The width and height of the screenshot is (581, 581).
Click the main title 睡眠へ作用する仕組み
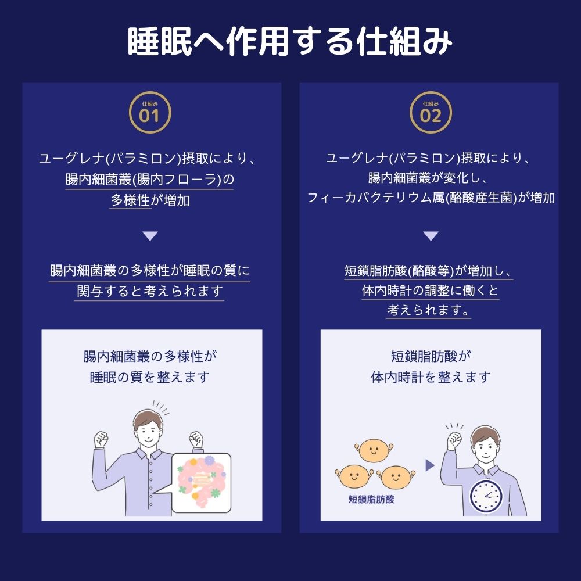(x=290, y=41)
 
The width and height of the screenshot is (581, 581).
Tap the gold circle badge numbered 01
(x=150, y=112)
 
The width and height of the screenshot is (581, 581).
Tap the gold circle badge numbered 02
(x=431, y=112)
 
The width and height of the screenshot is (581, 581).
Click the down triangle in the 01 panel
(x=150, y=236)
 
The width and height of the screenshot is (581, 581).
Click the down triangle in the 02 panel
(x=431, y=236)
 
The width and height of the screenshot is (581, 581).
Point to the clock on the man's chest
(x=486, y=496)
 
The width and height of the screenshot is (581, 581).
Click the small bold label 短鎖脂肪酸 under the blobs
(x=371, y=499)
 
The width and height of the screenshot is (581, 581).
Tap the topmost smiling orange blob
(x=374, y=451)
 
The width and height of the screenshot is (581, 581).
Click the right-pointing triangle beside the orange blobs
(x=430, y=465)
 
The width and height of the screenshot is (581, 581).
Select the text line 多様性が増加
(x=150, y=200)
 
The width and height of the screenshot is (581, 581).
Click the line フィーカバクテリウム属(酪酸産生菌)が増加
(x=431, y=198)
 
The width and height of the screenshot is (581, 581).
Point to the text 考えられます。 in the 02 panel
(x=428, y=310)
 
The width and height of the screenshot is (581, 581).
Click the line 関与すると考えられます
(x=150, y=291)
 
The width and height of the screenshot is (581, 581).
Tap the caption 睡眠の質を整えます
(x=150, y=377)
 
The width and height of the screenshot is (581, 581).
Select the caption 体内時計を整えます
(x=431, y=377)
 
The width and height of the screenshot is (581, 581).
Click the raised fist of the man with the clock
(x=454, y=440)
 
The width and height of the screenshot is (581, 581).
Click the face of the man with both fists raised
(x=148, y=431)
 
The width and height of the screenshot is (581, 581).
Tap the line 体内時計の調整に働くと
(x=431, y=290)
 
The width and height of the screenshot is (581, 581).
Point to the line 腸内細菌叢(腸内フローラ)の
(x=150, y=180)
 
